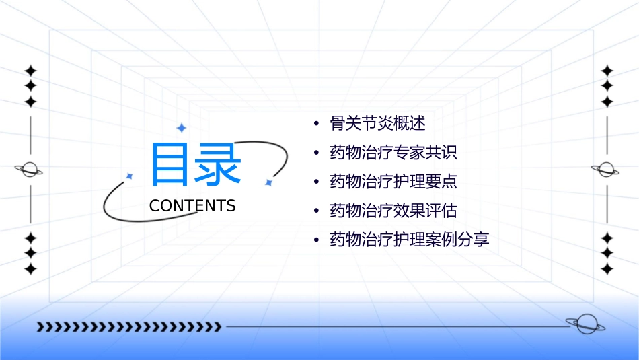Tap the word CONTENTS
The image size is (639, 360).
192,206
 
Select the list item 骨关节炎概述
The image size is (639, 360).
377,123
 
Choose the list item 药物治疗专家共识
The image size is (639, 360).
393,152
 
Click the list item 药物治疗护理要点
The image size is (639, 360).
393,181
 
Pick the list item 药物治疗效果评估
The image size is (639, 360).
393,211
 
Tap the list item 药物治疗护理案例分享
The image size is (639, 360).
409,240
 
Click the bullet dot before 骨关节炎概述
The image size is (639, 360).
316,124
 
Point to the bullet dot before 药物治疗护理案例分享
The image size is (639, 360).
316,240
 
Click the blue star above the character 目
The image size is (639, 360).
181,127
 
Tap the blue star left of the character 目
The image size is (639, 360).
130,176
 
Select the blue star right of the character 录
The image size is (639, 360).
268,182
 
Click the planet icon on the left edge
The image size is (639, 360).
30,169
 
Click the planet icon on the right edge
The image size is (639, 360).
607,169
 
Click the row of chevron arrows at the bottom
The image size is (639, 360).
128,327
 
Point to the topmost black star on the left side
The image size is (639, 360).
30,71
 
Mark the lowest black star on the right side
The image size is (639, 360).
607,268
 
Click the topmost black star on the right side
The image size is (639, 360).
607,71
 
